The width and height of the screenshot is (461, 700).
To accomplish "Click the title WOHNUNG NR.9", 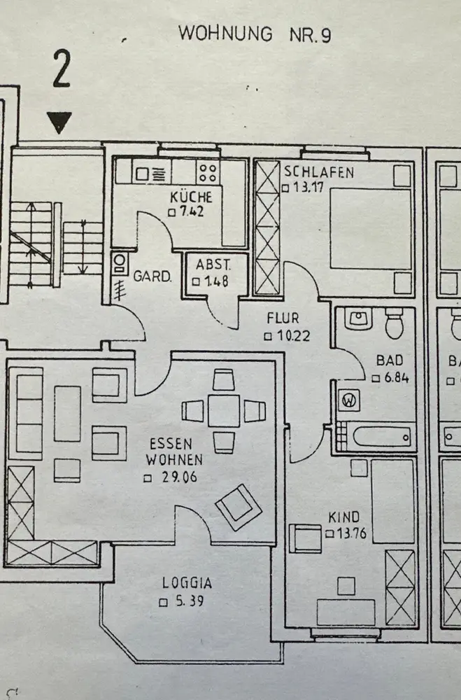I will point(254,34).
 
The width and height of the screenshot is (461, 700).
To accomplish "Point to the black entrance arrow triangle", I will point(60,124).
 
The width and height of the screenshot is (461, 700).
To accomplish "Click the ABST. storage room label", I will point(212,265).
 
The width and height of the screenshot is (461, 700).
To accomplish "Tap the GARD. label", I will point(153,276).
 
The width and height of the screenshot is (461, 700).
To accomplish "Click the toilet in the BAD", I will point(395,324).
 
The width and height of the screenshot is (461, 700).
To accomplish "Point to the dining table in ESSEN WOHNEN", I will point(223,411).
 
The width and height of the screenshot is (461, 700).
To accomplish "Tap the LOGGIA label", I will point(187,582).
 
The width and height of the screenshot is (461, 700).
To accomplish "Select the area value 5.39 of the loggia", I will point(187,601).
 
